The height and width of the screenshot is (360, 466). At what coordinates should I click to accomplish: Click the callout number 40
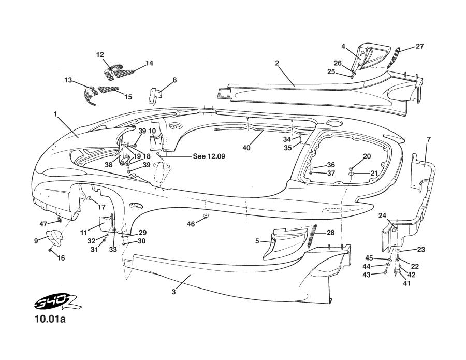tap(247, 148)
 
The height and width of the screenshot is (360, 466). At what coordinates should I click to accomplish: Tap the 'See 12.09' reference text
tap(209, 156)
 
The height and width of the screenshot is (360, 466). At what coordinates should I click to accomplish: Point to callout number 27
tap(419, 46)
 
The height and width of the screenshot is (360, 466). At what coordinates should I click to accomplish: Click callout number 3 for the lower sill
tap(174, 292)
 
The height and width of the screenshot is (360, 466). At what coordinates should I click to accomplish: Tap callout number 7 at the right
tap(429, 139)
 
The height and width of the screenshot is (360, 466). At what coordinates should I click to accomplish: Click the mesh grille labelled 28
tap(312, 236)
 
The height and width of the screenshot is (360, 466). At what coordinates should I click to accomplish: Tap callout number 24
tap(383, 215)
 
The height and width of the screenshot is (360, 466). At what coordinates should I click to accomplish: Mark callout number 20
tap(367, 156)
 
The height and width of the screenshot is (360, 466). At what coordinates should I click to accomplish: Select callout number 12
tap(100, 54)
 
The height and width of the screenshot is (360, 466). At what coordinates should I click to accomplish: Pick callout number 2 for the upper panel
tap(277, 63)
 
